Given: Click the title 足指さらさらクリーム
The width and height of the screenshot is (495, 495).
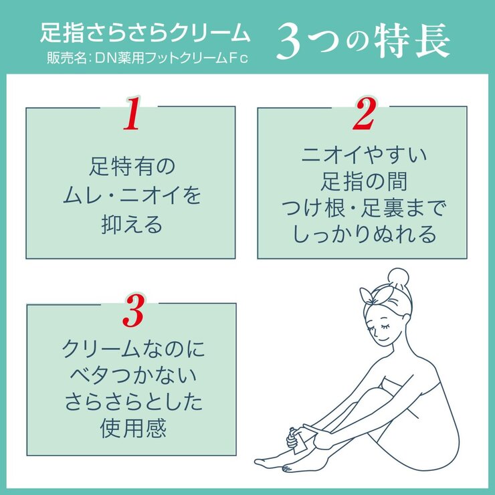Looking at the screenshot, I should pos(145,33).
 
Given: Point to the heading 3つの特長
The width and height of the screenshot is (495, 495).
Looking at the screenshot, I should pos(363,42).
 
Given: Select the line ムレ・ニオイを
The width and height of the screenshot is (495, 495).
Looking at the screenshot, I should pos(131,195).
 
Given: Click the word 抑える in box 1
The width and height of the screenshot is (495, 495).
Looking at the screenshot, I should pos(131,225).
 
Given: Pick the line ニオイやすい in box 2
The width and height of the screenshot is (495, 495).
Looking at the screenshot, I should pos(363,155).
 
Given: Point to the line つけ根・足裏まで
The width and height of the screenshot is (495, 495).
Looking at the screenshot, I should pos(363,208).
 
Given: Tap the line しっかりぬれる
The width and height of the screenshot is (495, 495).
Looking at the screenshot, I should pos(363,235).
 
